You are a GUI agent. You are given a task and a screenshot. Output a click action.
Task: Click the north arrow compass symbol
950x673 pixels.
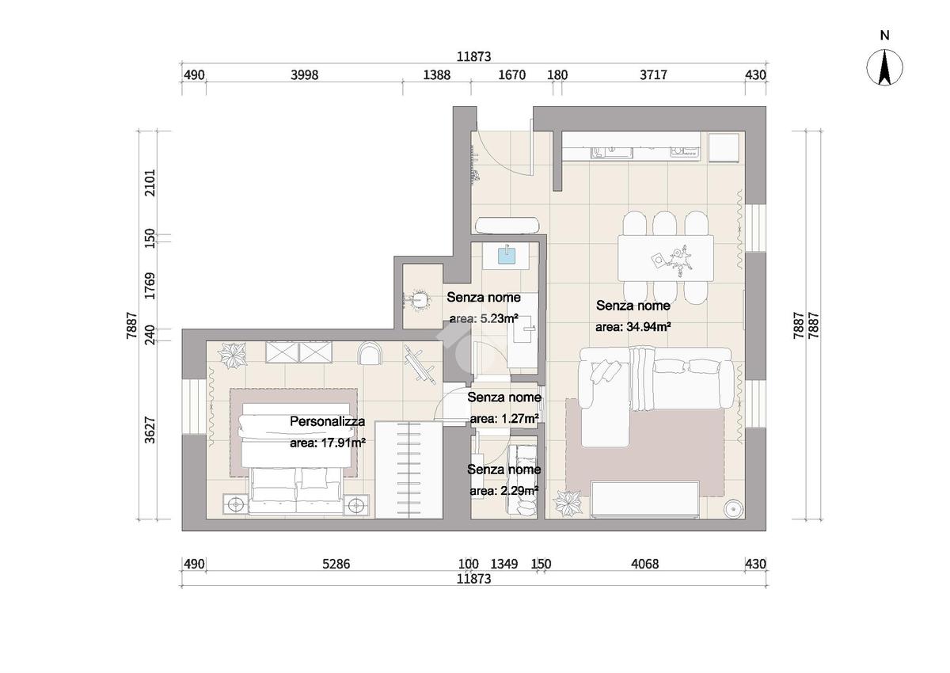point(884,68)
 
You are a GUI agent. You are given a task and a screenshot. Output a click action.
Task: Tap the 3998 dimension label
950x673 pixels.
point(305,75)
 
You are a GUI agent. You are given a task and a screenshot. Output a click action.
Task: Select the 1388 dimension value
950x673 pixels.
point(437,75)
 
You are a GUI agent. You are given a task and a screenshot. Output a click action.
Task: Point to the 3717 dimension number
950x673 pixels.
point(653,75)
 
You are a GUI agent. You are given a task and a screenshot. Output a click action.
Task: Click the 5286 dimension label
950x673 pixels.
point(336,564)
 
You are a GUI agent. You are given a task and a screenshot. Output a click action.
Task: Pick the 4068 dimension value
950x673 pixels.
point(645,564)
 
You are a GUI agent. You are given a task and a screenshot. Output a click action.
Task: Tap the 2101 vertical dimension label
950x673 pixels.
point(150,183)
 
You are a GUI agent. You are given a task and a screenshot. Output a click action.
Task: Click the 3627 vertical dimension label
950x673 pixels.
point(150,431)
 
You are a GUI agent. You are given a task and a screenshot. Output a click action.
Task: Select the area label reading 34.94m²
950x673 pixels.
point(633,327)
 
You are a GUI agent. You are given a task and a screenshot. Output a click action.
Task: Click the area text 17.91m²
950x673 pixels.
point(328,443)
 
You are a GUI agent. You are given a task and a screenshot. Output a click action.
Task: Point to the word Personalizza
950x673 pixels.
point(328,421)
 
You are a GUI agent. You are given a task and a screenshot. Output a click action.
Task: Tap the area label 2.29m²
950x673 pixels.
point(504,491)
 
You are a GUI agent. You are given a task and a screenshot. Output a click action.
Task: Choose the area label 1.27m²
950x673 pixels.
point(504,419)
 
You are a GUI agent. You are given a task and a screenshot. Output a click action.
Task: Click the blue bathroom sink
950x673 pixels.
point(507,256)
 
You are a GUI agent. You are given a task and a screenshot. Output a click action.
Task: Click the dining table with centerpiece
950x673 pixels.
point(666,258)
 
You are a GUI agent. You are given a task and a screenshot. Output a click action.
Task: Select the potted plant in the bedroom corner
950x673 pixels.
point(232,355)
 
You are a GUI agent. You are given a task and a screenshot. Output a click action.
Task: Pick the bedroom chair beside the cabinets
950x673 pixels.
point(370,353)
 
